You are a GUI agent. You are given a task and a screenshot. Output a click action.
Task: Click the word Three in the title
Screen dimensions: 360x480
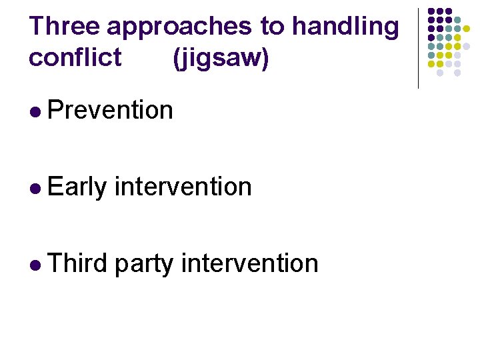(64, 27)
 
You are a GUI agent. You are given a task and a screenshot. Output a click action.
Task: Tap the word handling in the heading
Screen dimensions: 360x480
(346, 27)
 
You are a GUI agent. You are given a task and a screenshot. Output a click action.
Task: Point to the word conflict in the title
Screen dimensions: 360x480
(75, 58)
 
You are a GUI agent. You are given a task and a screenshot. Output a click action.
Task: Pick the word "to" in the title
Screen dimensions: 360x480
(272, 27)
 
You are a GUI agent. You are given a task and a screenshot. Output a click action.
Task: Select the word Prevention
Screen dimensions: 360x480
(111, 110)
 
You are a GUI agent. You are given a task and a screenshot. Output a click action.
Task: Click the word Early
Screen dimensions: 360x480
(77, 187)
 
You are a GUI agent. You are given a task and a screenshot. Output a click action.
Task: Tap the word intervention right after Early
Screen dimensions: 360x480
(183, 187)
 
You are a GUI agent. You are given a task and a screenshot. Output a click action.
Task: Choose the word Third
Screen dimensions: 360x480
(77, 263)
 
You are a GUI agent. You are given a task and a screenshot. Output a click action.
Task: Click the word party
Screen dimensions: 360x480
(144, 265)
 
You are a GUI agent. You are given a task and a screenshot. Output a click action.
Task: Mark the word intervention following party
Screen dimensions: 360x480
(250, 263)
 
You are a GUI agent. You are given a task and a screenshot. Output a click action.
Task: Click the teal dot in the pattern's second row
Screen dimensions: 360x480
(458, 20)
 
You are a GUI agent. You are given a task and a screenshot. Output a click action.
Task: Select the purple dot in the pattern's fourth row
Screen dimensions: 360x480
(431, 38)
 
